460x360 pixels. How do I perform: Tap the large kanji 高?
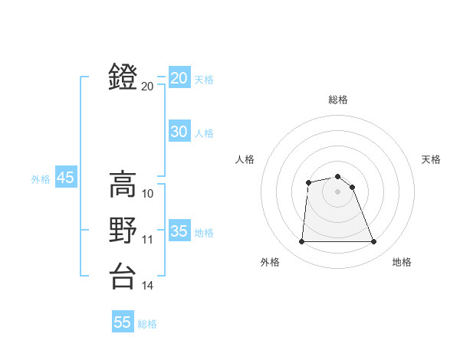tap(123, 184)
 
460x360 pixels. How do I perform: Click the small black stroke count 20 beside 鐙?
tap(147, 87)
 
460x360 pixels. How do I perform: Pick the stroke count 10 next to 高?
tap(148, 194)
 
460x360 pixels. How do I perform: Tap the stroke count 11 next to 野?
tap(148, 240)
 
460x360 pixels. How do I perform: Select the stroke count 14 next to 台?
tap(148, 286)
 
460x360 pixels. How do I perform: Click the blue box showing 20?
tap(179, 78)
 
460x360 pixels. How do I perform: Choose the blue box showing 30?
tap(179, 132)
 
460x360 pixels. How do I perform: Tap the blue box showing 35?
tap(179, 231)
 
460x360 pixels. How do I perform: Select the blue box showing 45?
tap(65, 178)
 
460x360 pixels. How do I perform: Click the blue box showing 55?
tap(123, 322)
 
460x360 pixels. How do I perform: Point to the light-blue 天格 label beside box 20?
tap(203, 80)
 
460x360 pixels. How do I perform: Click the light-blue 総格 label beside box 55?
tap(147, 324)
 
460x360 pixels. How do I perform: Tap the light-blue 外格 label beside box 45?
tap(41, 179)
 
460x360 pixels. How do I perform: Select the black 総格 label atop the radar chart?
tap(338, 100)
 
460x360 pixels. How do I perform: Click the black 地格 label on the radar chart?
tap(402, 262)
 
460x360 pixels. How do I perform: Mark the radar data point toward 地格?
tap(373, 242)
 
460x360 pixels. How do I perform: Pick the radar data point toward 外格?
tap(301, 242)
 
